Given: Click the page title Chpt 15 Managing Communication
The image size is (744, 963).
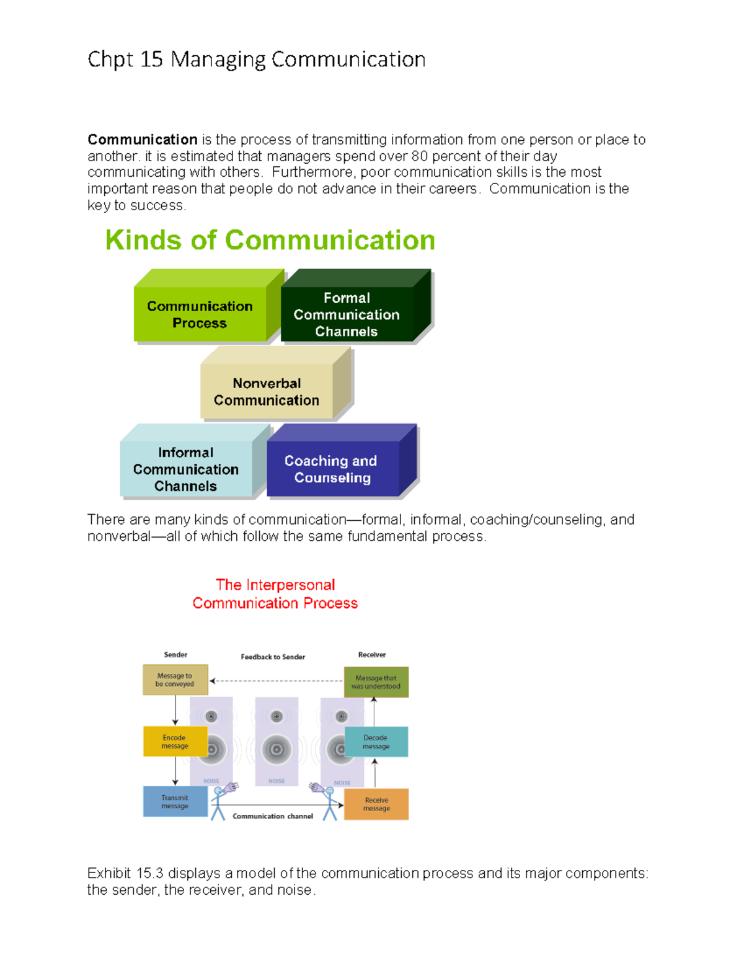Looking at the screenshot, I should (x=256, y=60).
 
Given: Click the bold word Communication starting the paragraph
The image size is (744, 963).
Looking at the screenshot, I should (x=142, y=140).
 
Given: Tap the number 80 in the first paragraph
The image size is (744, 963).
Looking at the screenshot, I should (x=419, y=156).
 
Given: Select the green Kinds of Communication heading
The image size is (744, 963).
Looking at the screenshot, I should (x=270, y=240).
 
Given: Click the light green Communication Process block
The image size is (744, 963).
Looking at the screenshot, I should (x=200, y=314).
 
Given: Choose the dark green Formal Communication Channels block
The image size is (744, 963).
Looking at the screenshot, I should (x=347, y=314).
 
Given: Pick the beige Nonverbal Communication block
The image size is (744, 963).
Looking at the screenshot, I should (x=267, y=391).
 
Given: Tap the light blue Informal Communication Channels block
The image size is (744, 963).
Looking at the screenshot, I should (x=185, y=469).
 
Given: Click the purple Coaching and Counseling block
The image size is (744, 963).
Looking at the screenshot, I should (x=332, y=469).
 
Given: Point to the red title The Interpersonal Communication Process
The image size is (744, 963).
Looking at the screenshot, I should (x=275, y=594).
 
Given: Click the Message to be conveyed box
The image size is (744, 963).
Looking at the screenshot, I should (x=175, y=680).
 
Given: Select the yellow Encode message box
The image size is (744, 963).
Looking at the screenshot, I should (x=175, y=742).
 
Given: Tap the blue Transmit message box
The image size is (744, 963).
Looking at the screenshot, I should (x=175, y=802).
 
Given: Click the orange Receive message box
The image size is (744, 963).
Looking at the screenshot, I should (x=376, y=804).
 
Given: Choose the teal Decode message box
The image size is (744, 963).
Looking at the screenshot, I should (x=376, y=742).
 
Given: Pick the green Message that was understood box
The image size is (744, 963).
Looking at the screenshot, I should (x=376, y=682).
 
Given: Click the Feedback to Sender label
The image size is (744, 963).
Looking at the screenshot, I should (x=273, y=657).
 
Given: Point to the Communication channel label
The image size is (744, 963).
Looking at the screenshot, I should (x=273, y=816).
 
